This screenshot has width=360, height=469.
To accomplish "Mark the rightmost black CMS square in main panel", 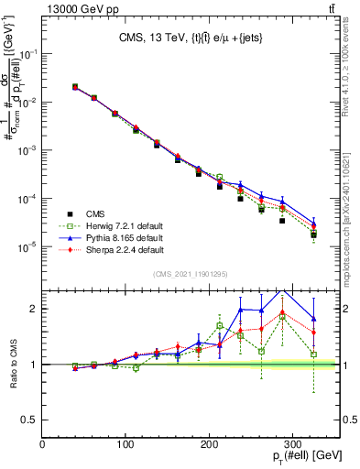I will click(313, 234).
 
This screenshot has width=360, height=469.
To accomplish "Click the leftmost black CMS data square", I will click(75, 87).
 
